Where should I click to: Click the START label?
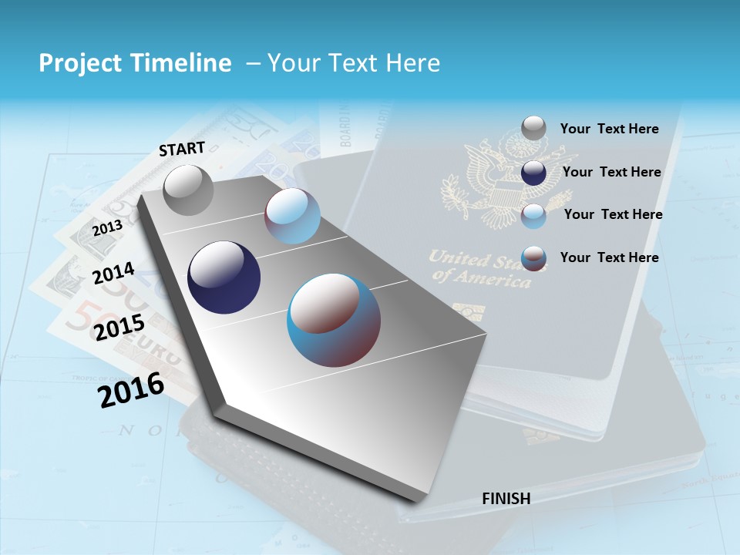[x=182, y=149]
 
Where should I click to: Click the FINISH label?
[x=506, y=499]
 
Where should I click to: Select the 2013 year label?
[x=108, y=227]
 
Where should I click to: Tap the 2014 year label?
[x=114, y=274]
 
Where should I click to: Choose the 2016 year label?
[x=131, y=390]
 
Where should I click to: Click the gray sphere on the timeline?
[x=188, y=190]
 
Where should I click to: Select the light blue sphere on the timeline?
[x=292, y=216]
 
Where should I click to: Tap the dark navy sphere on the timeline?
[x=224, y=277]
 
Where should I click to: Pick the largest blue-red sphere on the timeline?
[x=334, y=320]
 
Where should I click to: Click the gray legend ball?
[x=533, y=129]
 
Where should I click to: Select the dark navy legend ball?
[x=533, y=172]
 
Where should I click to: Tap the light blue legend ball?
[x=533, y=215]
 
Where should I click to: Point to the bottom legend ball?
[x=533, y=257]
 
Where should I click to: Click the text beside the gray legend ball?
[x=609, y=129]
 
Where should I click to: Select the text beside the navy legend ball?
[x=611, y=172]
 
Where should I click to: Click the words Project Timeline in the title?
[x=135, y=63]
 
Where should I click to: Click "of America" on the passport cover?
[x=482, y=279]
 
